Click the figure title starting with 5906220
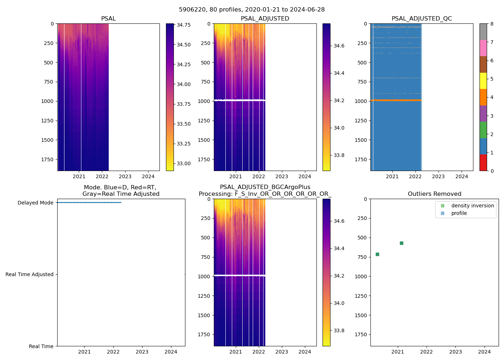point(252,10)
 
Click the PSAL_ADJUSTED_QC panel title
point(422,19)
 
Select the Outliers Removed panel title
point(434,194)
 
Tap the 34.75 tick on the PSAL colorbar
point(184,25)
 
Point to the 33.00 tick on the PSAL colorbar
point(184,163)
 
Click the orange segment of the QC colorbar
point(483,97)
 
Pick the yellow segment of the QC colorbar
point(483,81)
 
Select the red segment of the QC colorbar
point(483,162)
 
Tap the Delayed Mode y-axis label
point(35,203)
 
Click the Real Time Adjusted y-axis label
point(30,274)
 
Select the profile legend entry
point(459,213)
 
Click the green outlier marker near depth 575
point(401,243)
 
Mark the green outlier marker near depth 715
point(377,255)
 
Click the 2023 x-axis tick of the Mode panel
point(142,352)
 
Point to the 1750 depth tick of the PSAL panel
point(47,159)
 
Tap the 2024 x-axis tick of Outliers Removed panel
point(484,352)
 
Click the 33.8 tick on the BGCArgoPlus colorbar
point(339,330)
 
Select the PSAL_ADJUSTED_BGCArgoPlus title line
point(265,187)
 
